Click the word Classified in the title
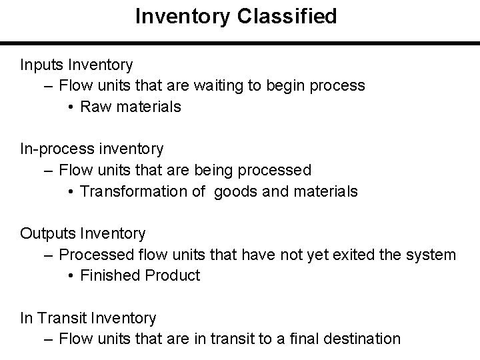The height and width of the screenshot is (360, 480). tap(291, 16)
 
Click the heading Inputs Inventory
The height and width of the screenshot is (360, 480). tap(77, 65)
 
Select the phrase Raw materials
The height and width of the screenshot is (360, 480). tap(130, 107)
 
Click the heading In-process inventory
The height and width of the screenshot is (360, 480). tap(91, 149)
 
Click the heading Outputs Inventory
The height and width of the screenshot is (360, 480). tap(83, 233)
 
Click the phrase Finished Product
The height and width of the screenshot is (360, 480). tap(139, 275)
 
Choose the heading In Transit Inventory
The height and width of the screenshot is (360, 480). tap(88, 318)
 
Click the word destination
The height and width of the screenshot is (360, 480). tap(363, 339)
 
